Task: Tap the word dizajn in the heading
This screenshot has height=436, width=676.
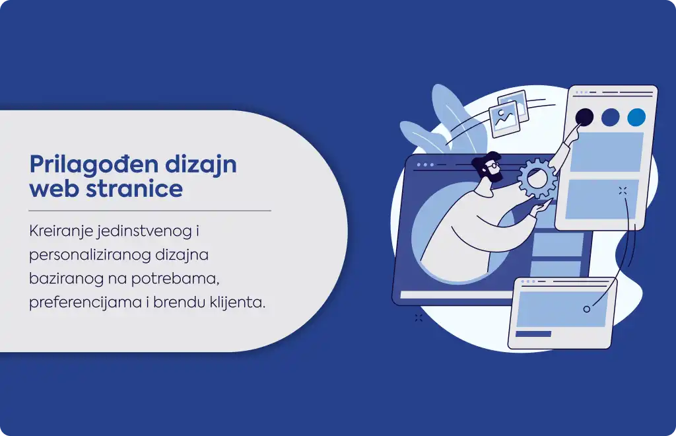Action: [x=201, y=165]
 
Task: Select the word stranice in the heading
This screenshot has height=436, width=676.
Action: [x=135, y=188]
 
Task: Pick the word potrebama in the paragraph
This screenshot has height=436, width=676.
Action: [x=175, y=279]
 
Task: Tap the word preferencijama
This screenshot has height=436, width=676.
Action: [x=85, y=303]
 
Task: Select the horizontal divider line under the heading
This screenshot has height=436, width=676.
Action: [x=150, y=211]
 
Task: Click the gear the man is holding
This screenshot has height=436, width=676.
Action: [x=537, y=178]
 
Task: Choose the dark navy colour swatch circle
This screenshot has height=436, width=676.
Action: [x=584, y=117]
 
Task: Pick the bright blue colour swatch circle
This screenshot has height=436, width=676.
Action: [x=636, y=117]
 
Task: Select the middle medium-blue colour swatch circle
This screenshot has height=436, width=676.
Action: [x=610, y=117]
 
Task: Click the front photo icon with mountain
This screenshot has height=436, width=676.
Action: [x=504, y=120]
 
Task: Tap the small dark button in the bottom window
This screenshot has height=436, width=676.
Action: [x=533, y=334]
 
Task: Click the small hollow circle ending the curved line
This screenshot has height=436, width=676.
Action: [x=586, y=309]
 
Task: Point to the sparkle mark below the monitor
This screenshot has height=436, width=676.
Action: [x=419, y=318]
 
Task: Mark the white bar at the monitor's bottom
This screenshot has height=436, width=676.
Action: [x=457, y=295]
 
